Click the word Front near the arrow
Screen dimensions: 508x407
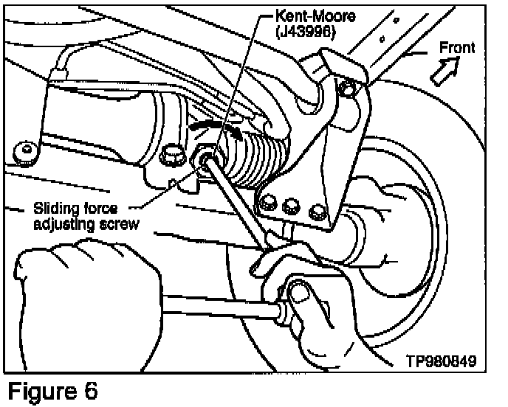point(457,47)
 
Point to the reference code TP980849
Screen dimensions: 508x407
point(440,362)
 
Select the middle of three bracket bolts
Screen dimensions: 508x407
point(294,206)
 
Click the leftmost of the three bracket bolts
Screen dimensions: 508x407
point(268,201)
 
